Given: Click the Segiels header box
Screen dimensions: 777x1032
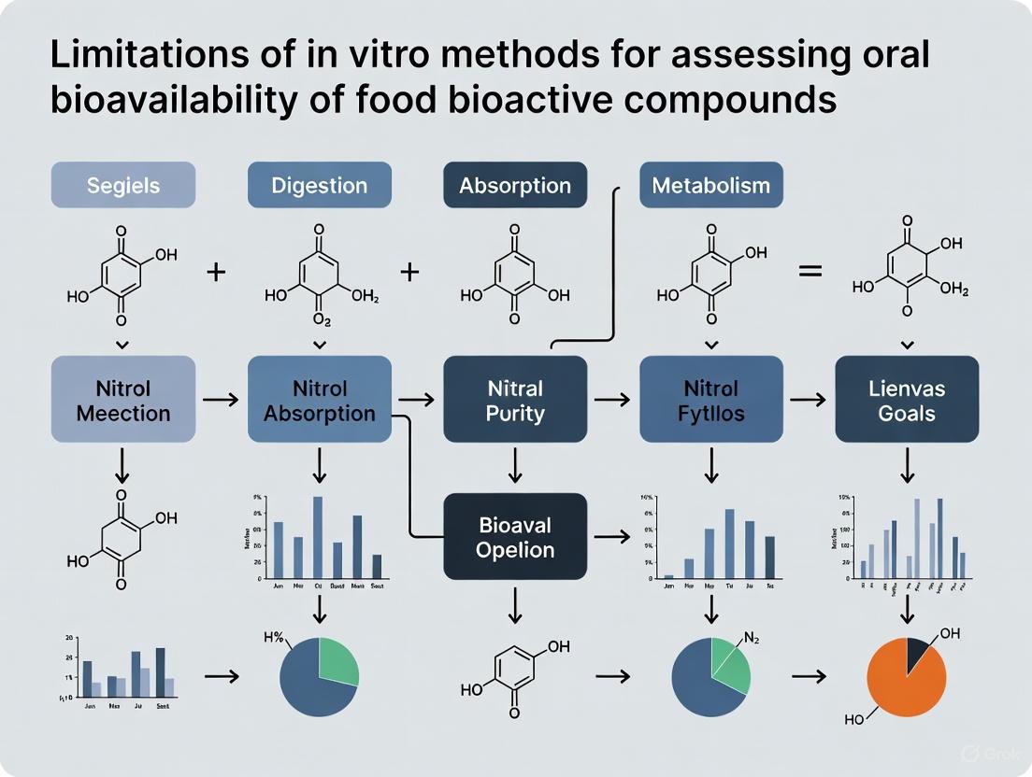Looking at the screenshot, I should click(122, 185).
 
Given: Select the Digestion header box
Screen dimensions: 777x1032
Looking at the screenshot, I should click(320, 185).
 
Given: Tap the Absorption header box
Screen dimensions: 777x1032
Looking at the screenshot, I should click(515, 185).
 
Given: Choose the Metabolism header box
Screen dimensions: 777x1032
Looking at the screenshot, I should click(710, 185).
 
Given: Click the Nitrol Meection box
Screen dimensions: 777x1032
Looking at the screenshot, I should click(123, 400).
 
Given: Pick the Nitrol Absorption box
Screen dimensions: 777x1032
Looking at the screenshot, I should click(320, 400).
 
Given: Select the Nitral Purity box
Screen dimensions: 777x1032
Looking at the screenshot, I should click(515, 400).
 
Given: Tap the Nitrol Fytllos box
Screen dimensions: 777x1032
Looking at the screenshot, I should click(710, 400).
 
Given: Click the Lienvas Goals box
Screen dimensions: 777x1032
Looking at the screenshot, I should click(906, 400).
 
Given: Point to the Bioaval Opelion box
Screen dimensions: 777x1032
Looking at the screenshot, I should click(515, 537).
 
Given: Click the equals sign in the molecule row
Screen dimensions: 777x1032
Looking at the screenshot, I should click(810, 272).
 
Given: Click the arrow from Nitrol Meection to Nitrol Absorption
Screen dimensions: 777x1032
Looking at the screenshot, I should click(221, 400).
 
